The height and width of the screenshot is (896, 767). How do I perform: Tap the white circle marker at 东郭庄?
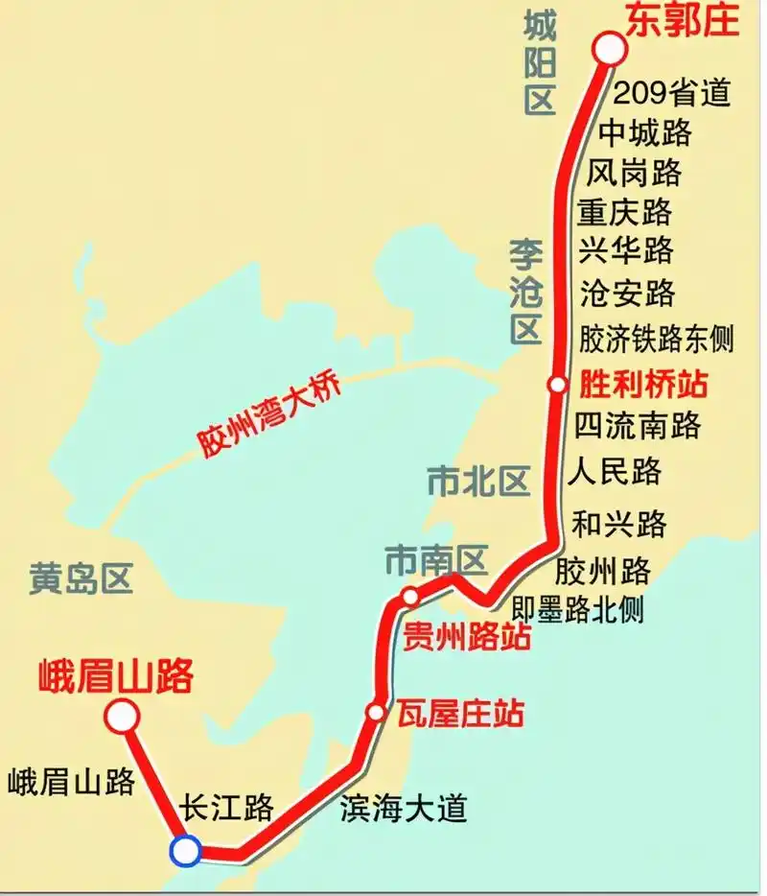[609, 49]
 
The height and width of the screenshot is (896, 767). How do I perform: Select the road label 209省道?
[671, 93]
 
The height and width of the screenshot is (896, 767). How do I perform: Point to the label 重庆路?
[625, 210]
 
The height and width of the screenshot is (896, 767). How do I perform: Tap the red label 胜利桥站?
[643, 385]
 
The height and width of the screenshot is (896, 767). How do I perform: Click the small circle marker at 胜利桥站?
[558, 385]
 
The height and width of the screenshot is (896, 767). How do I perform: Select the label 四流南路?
[638, 425]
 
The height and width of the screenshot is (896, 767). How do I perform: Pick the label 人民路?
[615, 472]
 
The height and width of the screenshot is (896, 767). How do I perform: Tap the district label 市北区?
[478, 481]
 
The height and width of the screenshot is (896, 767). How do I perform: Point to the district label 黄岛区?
[80, 578]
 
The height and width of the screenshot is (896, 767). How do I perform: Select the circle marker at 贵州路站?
[410, 597]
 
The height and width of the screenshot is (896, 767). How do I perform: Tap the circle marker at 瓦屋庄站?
[376, 712]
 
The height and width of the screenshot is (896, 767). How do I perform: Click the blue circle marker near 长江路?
[184, 850]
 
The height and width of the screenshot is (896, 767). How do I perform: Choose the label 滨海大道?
[404, 808]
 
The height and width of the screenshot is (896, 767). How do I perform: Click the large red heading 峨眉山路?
[116, 675]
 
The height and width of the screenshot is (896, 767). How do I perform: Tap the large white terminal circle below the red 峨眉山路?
[122, 716]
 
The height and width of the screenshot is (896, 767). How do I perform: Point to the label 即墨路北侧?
[578, 608]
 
